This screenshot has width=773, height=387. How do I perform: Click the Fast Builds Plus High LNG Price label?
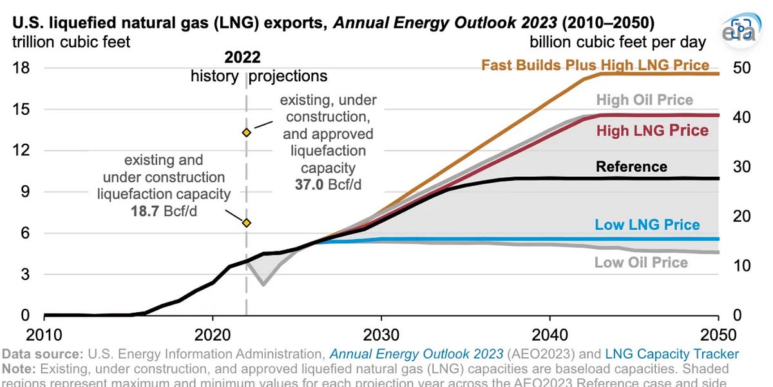coord(595,65)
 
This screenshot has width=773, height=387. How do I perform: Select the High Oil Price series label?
coord(644,100)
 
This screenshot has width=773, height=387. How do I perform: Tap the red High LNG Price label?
coord(652,131)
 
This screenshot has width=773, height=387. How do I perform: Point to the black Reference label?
coord(631,166)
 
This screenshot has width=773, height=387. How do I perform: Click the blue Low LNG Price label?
coord(647,224)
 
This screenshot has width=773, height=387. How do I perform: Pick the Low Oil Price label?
coord(641,263)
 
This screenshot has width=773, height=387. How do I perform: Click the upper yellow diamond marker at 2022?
coord(246,132)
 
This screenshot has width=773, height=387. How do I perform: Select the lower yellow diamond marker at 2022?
coord(246,223)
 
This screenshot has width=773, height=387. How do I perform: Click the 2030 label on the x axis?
coord(381,335)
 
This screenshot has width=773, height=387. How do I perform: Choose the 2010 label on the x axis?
coord(44,335)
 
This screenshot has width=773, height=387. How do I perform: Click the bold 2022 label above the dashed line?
coord(243,57)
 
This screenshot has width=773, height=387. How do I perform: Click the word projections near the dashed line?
coord(288,76)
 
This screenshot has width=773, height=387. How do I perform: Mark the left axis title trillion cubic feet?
coord(70,43)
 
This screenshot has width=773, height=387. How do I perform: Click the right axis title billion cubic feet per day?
coord(618,43)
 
